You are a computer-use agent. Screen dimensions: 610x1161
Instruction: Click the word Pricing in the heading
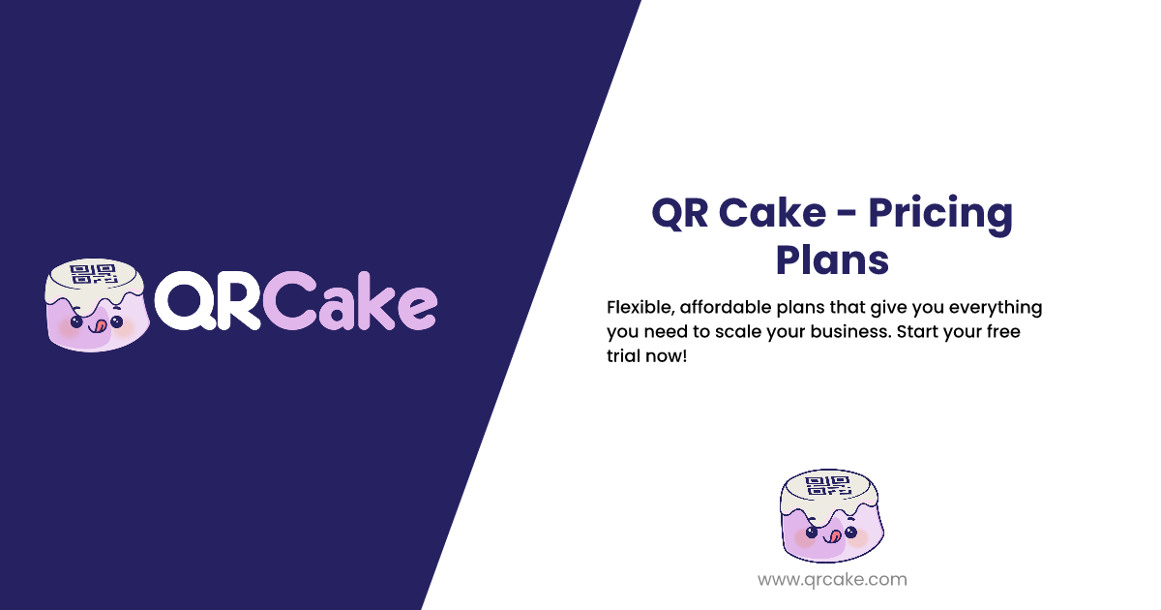[938, 213]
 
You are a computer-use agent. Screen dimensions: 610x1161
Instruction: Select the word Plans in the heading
[832, 259]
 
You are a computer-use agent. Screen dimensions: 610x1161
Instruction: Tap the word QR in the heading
[681, 212]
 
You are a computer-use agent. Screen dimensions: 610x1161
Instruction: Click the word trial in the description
[623, 356]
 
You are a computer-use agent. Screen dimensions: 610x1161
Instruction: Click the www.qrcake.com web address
[832, 580]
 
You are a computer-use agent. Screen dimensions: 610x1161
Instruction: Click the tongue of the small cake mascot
[830, 534]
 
